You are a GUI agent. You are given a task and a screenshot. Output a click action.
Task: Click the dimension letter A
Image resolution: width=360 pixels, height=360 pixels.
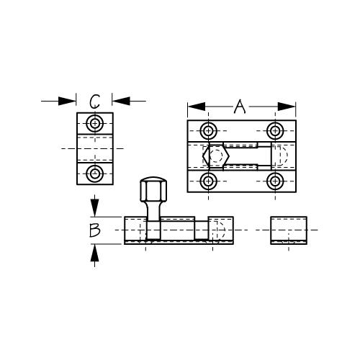coord(240,107)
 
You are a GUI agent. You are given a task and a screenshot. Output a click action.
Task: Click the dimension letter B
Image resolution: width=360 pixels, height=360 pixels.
coord(94,230)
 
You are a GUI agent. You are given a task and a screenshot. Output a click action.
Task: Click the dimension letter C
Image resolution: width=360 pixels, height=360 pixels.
coord(94,102)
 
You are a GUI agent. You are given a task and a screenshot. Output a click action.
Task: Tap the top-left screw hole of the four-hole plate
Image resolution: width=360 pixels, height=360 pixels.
coord(208,131)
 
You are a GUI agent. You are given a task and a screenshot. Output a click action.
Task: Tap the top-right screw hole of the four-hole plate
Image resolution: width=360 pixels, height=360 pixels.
coord(275,131)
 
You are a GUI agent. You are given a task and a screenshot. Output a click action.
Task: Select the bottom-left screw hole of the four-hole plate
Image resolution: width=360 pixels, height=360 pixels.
coord(208,181)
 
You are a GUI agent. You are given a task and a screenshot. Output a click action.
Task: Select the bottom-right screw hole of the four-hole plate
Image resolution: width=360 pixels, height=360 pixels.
coord(275,181)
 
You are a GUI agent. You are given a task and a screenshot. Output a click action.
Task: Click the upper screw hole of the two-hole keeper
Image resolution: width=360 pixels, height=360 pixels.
coord(95,124)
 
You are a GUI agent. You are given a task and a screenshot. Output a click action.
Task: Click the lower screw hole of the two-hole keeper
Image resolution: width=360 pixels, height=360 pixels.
coord(95,174)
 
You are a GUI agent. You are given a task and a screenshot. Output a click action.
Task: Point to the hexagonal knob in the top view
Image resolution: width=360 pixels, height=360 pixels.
coord(216,156)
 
